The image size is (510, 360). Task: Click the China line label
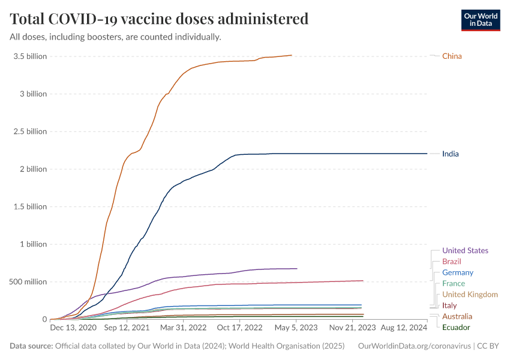pyautogui.click(x=452, y=56)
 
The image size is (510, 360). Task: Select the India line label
pyautogui.click(x=450, y=154)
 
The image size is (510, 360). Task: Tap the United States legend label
pyautogui.click(x=465, y=251)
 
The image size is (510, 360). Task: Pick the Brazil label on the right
pyautogui.click(x=451, y=262)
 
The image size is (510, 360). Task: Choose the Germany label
pyautogui.click(x=458, y=272)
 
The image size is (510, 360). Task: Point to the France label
pyautogui.click(x=453, y=284)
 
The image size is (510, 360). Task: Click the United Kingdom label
pyautogui.click(x=470, y=295)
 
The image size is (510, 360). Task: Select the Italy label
pyautogui.click(x=449, y=305)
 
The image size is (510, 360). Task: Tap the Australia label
pyautogui.click(x=457, y=316)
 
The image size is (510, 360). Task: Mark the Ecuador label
pyautogui.click(x=456, y=327)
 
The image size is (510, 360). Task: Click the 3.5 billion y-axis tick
pyautogui.click(x=28, y=56)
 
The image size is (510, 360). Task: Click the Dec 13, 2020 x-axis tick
pyautogui.click(x=73, y=328)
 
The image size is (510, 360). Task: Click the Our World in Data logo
pyautogui.click(x=481, y=20)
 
